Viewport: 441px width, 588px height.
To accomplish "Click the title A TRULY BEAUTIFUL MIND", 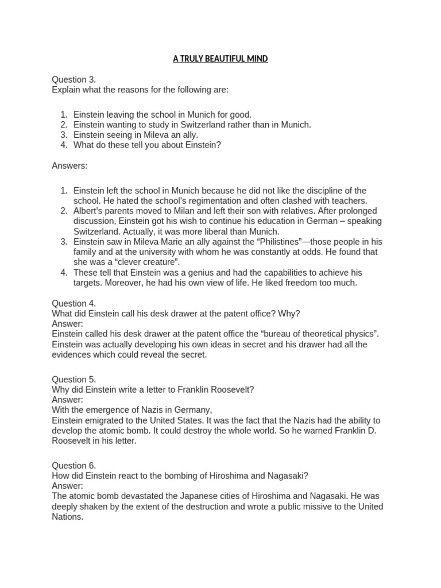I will click(220, 59).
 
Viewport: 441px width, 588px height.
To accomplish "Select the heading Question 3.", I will click(74, 79).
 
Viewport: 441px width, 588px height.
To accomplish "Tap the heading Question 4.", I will click(74, 303).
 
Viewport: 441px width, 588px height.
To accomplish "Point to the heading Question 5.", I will click(74, 379).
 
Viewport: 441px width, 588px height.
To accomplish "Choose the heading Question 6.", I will click(74, 465).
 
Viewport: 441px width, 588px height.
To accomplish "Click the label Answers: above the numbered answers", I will click(70, 166).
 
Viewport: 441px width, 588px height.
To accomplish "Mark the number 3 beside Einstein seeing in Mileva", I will click(64, 135).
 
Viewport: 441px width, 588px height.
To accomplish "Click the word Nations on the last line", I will click(67, 517).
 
